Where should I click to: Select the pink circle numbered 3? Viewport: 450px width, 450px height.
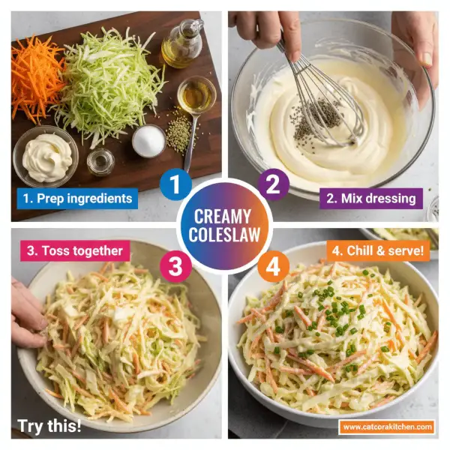coord(175,267)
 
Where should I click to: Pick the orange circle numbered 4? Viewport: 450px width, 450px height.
coord(273,267)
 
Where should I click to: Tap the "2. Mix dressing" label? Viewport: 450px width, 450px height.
coord(370,199)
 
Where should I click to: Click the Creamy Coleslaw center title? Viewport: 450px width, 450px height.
coord(223,226)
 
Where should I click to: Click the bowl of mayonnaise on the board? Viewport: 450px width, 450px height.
coord(46,154)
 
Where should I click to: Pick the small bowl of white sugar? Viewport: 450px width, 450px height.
coord(148,140)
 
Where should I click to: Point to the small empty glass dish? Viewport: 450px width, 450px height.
coord(100,161)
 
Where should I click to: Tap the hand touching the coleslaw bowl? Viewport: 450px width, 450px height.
coord(28,315)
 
